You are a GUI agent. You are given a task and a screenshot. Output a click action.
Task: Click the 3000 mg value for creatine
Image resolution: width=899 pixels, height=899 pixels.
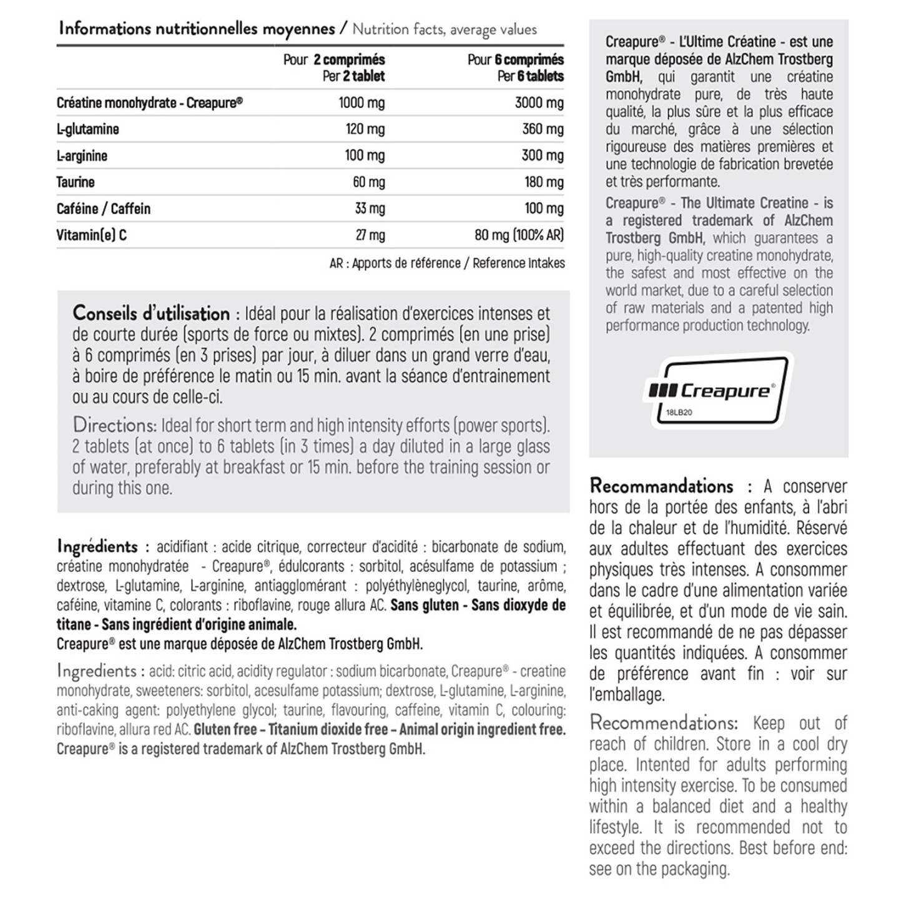click(x=539, y=103)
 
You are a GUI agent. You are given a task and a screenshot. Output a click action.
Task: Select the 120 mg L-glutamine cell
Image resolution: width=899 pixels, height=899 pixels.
click(x=365, y=129)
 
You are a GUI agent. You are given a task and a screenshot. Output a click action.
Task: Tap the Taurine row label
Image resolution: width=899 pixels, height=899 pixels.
click(x=76, y=182)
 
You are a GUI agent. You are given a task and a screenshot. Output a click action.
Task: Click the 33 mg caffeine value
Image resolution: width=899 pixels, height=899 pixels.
click(x=370, y=209)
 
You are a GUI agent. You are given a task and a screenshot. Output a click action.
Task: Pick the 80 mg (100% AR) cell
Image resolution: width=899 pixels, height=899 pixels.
click(x=519, y=235)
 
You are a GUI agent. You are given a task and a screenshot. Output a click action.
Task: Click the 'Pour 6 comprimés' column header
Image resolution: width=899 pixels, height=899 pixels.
click(x=515, y=60)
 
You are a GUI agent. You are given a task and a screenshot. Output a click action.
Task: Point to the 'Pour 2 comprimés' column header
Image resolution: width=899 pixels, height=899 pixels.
click(x=333, y=60)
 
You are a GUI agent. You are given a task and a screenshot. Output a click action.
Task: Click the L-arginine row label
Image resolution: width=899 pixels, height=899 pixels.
click(x=82, y=155)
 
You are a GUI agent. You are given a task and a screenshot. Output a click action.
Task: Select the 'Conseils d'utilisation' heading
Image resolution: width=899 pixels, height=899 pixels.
click(x=151, y=313)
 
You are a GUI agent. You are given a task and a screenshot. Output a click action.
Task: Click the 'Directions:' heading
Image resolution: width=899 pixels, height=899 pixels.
click(x=114, y=425)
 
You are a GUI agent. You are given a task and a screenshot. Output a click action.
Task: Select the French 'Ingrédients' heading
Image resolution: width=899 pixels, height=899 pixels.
click(x=97, y=547)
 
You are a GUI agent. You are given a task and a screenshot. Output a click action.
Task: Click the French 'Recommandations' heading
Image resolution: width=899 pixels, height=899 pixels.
click(x=661, y=486)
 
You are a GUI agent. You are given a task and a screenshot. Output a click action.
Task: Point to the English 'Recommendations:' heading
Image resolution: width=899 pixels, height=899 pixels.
click(x=664, y=724)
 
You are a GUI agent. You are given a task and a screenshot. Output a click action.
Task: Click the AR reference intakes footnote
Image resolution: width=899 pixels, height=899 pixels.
click(x=446, y=263)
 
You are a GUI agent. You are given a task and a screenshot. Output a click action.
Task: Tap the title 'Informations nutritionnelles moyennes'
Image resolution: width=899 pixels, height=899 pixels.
click(x=197, y=29)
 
